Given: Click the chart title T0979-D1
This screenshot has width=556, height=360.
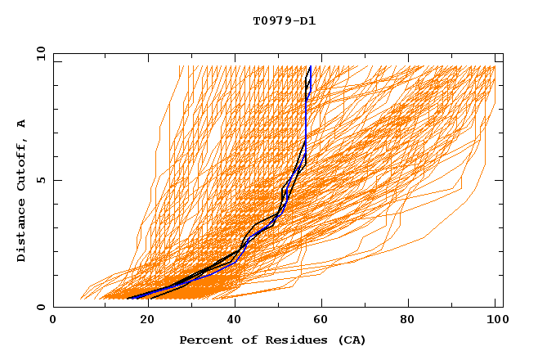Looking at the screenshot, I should click(284, 20).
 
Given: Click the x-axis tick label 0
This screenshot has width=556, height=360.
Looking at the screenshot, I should click(53, 321).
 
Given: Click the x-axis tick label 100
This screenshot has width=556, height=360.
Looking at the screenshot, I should click(495, 321).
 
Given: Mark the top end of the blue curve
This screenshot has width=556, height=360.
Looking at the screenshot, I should click(310, 66).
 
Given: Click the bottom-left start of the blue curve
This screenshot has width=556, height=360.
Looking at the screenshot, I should click(128, 298).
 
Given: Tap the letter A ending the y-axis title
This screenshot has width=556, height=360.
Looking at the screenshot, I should click(21, 124).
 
